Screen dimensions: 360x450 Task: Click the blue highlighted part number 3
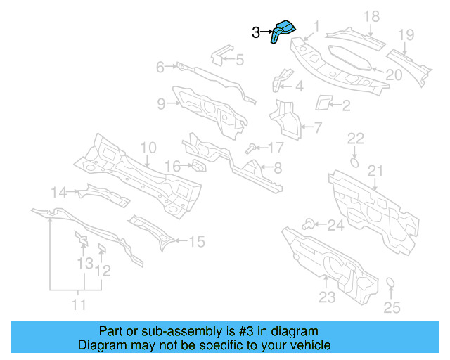click(284, 32)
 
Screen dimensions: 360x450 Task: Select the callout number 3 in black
click(257, 32)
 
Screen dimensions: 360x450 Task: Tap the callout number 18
click(371, 16)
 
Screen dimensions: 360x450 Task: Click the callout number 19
click(406, 34)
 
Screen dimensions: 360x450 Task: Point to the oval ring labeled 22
click(355, 162)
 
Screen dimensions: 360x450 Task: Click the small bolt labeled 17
click(250, 148)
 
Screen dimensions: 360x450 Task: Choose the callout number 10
click(148, 148)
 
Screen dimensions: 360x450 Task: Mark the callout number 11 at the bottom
click(79, 304)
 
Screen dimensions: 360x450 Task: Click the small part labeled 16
click(198, 166)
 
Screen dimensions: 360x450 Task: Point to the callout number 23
click(327, 297)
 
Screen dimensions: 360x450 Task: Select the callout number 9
click(161, 104)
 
